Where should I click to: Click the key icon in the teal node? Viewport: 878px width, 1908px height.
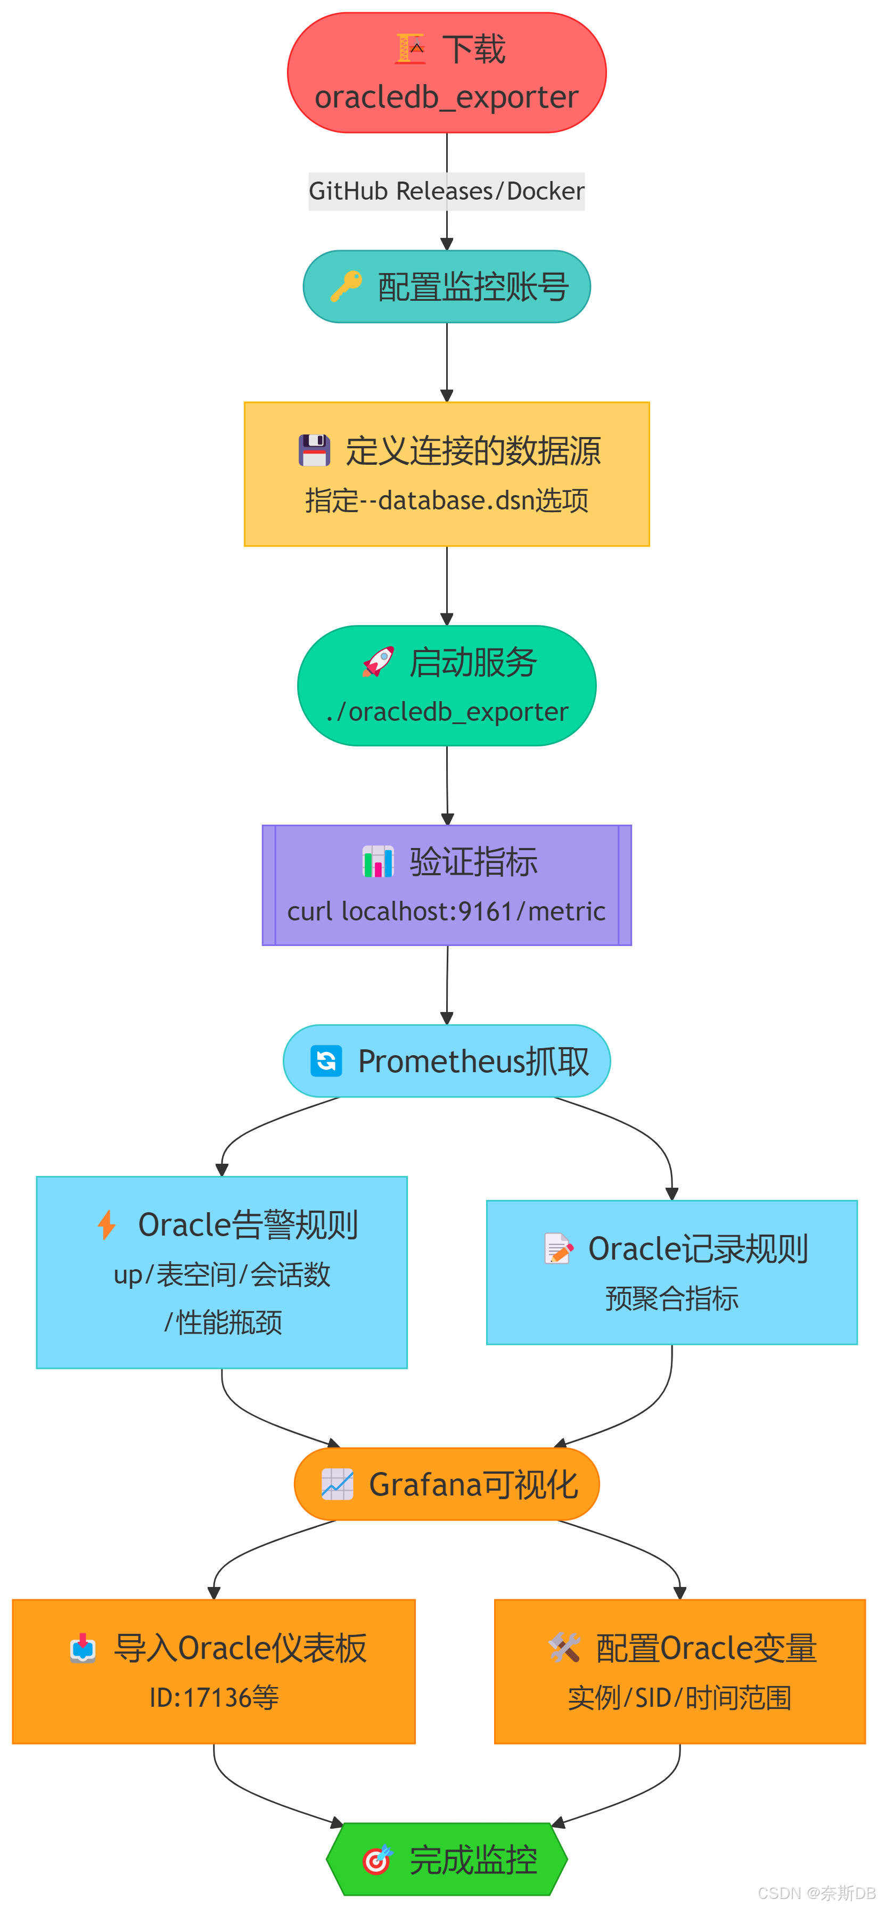pyautogui.click(x=346, y=286)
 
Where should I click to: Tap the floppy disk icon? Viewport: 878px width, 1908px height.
pyautogui.click(x=314, y=450)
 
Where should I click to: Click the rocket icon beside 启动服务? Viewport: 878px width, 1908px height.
pyautogui.click(x=378, y=661)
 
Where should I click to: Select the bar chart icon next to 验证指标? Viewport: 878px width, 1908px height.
pyautogui.click(x=378, y=861)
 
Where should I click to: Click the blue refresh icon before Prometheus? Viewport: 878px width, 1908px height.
pyautogui.click(x=326, y=1060)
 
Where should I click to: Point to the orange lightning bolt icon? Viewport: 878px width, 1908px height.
pyautogui.click(x=106, y=1224)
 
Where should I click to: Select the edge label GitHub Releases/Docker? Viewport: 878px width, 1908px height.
pyautogui.click(x=446, y=191)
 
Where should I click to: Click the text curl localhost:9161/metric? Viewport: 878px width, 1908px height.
pyautogui.click(x=446, y=911)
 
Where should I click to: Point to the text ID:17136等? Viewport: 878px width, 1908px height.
pyautogui.click(x=214, y=1697)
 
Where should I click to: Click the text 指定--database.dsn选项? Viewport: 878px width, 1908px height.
pyautogui.click(x=447, y=501)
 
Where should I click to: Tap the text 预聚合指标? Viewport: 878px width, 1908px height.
pyautogui.click(x=671, y=1298)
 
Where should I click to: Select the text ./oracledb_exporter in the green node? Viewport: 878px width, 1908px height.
pyautogui.click(x=447, y=712)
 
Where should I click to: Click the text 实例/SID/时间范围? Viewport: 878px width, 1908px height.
pyautogui.click(x=679, y=1697)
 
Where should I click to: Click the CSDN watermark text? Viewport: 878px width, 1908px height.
pyautogui.click(x=817, y=1893)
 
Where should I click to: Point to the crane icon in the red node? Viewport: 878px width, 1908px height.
pyautogui.click(x=410, y=49)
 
